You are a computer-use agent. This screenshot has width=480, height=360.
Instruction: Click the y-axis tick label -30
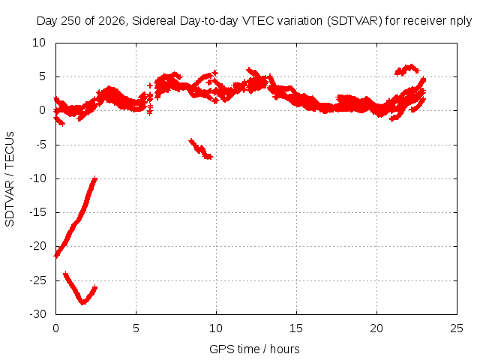[37, 314]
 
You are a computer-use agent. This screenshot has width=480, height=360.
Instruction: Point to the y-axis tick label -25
[37, 280]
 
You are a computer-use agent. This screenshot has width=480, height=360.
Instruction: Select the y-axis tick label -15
[37, 212]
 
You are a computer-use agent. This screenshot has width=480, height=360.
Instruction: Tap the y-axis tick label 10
[39, 43]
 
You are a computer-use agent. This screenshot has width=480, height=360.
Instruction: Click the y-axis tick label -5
[40, 145]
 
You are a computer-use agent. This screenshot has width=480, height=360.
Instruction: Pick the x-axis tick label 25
[457, 328]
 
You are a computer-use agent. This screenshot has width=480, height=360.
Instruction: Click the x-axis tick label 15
[296, 328]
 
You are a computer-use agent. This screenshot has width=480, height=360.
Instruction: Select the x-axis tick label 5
[136, 328]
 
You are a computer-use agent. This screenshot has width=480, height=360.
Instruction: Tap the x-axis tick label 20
[376, 328]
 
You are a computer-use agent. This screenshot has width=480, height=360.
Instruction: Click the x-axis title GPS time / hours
[254, 349]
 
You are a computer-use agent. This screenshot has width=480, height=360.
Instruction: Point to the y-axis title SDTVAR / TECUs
[10, 179]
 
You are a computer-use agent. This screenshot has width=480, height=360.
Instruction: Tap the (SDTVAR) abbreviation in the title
[355, 21]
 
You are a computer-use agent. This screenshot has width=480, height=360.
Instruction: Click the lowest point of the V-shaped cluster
[82, 303]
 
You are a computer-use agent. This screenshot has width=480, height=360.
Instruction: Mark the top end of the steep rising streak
[95, 178]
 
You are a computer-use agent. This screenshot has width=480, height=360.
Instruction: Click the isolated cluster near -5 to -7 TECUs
[201, 149]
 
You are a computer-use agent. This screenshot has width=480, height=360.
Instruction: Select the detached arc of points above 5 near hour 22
[407, 70]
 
